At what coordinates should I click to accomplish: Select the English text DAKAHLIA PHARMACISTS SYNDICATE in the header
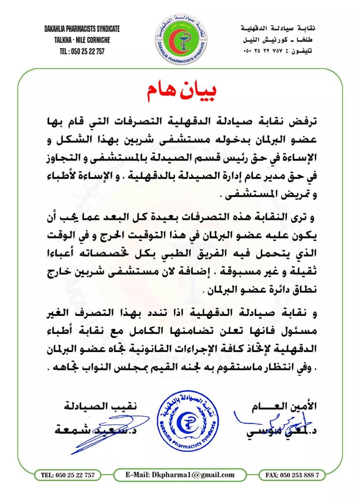(x=82, y=29)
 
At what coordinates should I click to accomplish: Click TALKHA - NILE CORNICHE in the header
(x=82, y=40)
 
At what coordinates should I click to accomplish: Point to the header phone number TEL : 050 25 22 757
(x=82, y=51)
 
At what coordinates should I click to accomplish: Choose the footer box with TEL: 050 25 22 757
(x=68, y=475)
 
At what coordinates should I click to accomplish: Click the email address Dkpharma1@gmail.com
(x=180, y=475)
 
